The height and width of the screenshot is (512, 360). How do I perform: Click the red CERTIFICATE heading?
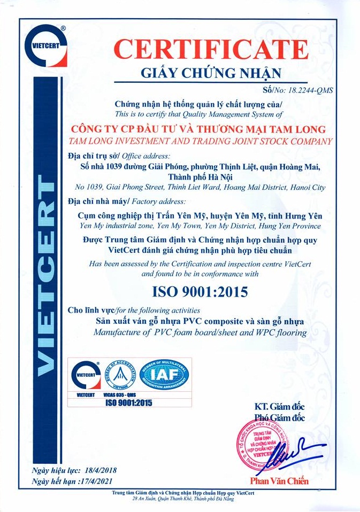click(211, 49)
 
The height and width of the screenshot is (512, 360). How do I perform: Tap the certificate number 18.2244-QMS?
click(311, 90)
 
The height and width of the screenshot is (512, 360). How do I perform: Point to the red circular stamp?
click(261, 445)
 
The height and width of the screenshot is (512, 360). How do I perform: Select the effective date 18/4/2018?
click(101, 471)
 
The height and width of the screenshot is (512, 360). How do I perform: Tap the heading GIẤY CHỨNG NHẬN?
click(210, 73)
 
